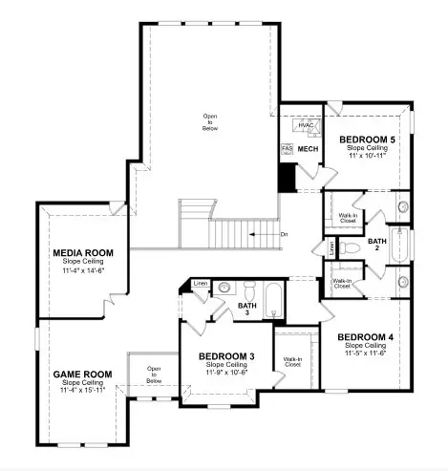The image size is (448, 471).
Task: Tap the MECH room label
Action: pos(308,150)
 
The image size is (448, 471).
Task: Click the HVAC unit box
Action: pos(306,126)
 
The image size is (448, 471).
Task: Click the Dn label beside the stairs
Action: pos(284,233)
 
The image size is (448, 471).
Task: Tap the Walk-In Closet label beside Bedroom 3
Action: pos(292,362)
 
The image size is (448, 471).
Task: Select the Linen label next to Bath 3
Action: pos(200,284)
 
